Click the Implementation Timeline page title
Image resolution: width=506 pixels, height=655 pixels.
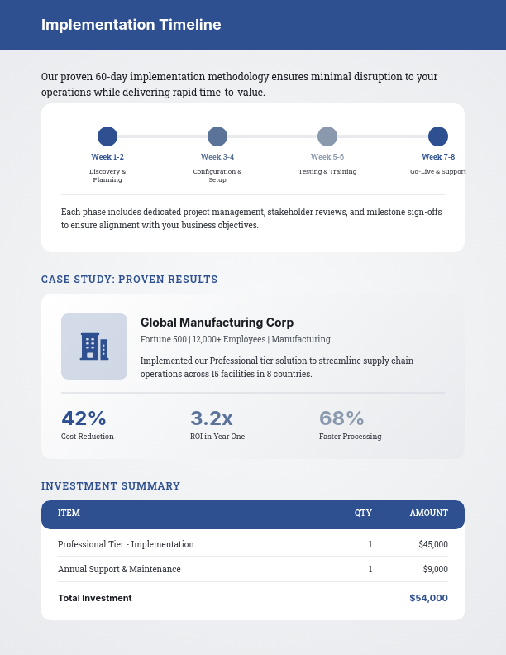131,25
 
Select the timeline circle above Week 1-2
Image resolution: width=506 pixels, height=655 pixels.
107,136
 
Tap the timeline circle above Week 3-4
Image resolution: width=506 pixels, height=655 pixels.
217,136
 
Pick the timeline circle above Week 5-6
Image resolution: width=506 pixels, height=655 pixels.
327,136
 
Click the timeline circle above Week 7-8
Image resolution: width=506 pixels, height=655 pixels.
438,136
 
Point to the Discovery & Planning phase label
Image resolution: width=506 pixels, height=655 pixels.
107,175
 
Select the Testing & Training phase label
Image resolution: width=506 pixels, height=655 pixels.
327,171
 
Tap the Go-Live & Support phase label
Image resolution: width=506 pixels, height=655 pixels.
438,171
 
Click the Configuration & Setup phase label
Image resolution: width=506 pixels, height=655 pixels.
217,175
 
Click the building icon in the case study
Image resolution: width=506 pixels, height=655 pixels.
94,347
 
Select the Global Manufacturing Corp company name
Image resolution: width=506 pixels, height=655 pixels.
217,323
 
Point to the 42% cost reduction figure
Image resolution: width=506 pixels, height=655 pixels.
84,418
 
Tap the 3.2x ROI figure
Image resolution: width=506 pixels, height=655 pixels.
212,418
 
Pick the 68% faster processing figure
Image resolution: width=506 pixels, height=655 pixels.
341,418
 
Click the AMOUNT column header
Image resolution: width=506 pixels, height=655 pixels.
428,513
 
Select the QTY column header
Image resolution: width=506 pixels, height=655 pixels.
363,513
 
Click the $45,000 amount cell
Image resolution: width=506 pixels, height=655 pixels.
433,544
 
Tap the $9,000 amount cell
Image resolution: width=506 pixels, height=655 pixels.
435,569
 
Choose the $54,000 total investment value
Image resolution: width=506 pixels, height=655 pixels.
428,598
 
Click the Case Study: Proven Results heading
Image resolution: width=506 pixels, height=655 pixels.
129,280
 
